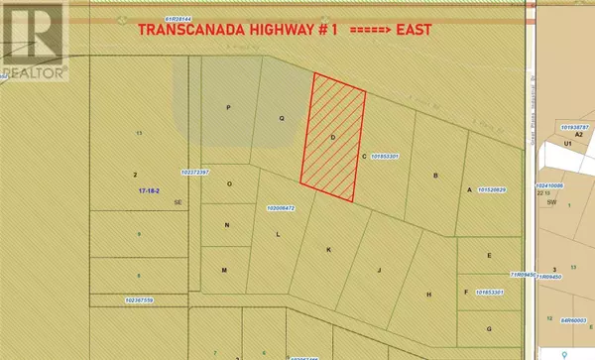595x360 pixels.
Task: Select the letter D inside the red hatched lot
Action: point(333,135)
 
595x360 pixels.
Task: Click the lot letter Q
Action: point(281,117)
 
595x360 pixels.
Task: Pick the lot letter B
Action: point(435,177)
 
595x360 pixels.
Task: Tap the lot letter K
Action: point(327,249)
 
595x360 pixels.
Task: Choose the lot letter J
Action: point(379,268)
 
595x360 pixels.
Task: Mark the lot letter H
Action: point(428,295)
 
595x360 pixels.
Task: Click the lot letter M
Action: point(224,271)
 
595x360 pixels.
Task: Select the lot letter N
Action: point(226,225)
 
